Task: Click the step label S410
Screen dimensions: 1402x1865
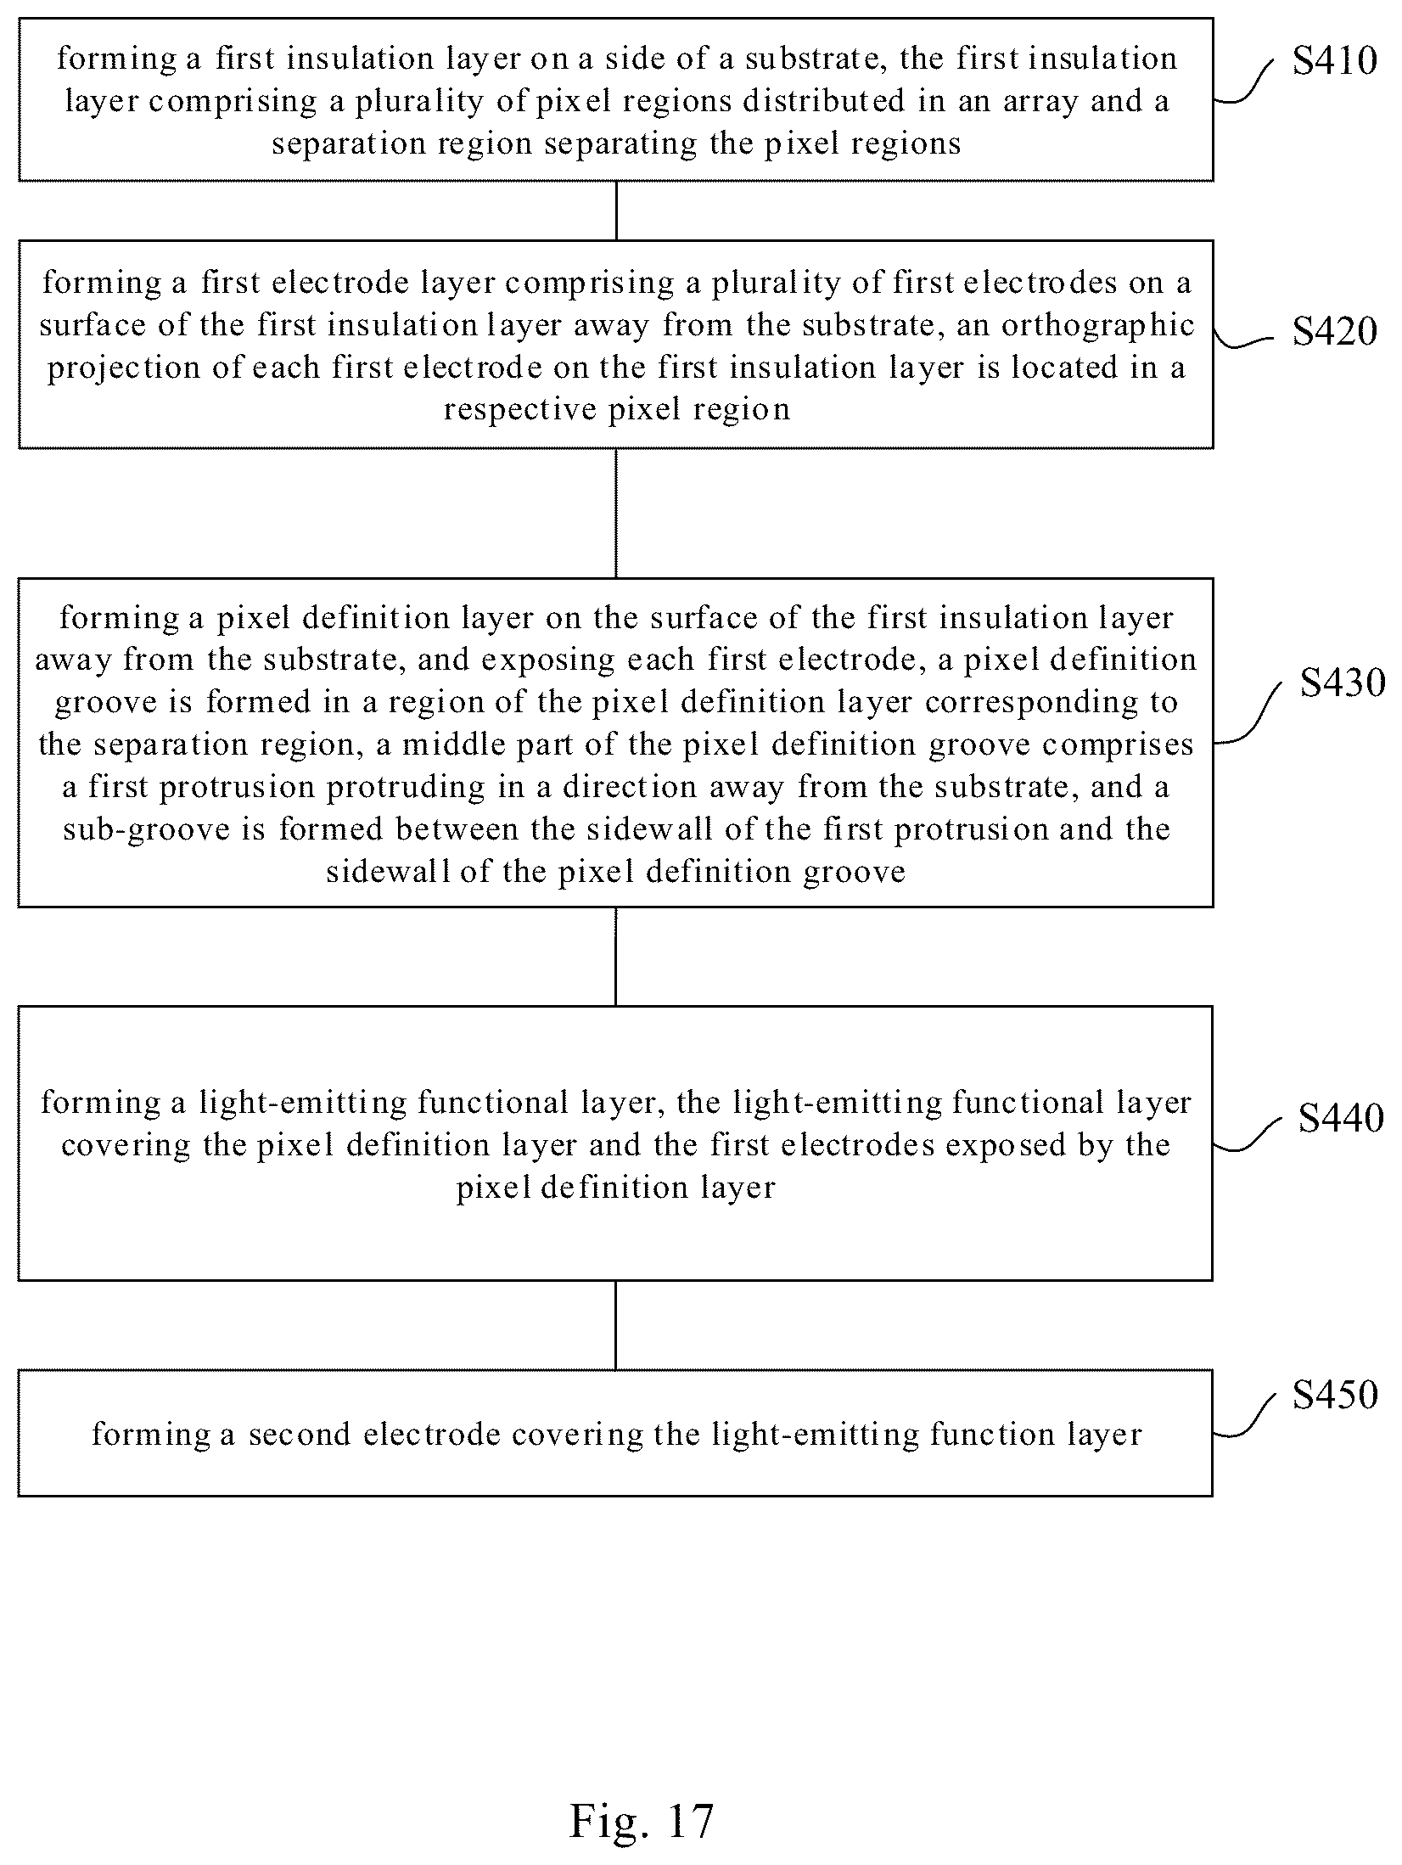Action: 1334,61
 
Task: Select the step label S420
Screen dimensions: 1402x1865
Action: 1334,331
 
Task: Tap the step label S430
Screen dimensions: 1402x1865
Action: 1343,682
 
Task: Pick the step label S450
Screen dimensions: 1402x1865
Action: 1334,1394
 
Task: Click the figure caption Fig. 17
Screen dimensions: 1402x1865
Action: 642,1820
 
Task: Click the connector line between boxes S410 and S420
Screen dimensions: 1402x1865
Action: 616,211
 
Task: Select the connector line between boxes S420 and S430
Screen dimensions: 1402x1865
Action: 616,514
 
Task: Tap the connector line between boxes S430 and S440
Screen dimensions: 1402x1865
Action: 616,957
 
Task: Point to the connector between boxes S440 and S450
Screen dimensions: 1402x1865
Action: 616,1324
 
